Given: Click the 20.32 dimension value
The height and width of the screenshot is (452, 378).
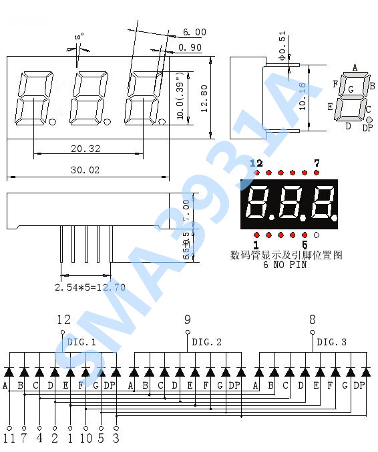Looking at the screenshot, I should point(85,149).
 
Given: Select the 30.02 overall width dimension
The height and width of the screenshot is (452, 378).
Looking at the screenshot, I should point(85,171).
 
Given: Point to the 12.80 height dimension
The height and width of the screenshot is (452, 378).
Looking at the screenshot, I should point(204,97).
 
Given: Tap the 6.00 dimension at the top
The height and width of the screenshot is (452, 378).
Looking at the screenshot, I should point(194,32).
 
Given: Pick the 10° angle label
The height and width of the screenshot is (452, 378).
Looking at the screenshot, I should point(79,38).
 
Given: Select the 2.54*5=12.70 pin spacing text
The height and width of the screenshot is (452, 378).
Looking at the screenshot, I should point(90,287).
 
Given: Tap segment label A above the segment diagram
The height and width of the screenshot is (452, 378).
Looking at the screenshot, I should point(355,67).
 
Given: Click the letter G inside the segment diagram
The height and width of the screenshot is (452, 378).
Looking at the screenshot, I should point(351,89).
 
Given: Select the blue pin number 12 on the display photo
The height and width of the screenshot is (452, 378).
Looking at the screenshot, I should point(256,163).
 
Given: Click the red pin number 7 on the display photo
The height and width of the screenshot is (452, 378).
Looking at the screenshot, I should point(317,163).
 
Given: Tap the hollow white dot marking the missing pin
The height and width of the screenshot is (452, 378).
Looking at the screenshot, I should point(317,235).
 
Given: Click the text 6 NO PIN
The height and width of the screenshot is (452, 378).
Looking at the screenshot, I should point(285,265).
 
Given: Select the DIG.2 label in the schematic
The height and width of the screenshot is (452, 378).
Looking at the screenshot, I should point(206,342).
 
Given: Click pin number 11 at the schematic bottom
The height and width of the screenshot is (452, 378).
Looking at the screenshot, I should point(9,439).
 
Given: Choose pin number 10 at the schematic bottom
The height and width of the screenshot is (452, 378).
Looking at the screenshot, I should point(85,439).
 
